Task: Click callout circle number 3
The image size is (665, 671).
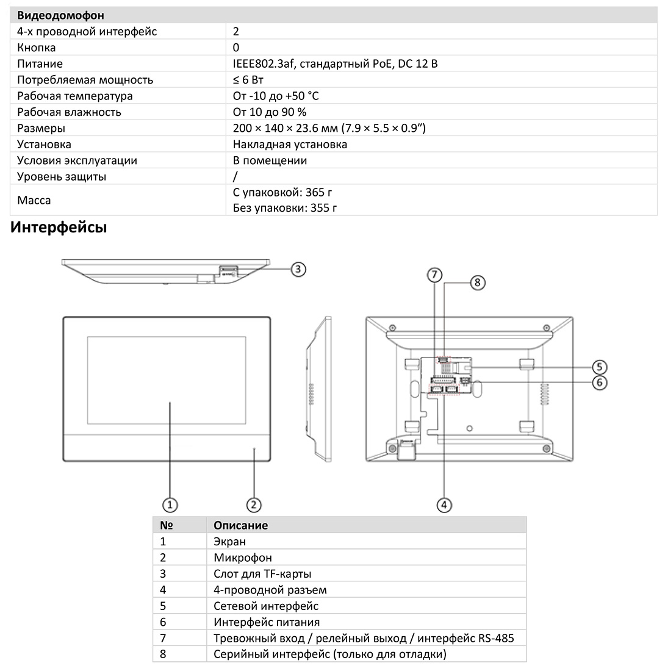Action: click(297, 268)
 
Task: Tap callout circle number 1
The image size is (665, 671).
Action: click(170, 504)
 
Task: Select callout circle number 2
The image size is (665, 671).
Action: click(254, 504)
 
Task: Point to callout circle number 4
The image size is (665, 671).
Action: click(445, 504)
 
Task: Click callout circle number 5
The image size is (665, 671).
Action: click(600, 367)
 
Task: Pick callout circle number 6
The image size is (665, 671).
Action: click(600, 382)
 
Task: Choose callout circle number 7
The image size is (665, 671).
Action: click(434, 275)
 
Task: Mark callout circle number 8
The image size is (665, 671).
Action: click(478, 282)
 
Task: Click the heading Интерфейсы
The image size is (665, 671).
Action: click(59, 228)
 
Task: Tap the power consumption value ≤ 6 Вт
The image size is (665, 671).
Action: click(253, 80)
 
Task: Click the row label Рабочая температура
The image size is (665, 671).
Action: click(75, 96)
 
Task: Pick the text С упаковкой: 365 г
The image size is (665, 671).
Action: click(282, 193)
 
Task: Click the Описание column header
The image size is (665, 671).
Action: click(241, 525)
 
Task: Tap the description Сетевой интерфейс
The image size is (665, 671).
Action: click(266, 606)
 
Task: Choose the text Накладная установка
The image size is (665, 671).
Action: click(290, 145)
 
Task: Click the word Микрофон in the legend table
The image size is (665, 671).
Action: click(243, 558)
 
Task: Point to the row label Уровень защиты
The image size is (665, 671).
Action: click(62, 177)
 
